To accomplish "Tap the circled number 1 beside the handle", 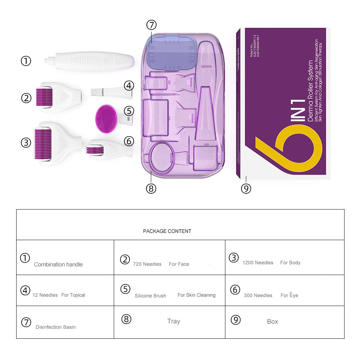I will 26,61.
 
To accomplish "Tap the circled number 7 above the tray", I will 152,25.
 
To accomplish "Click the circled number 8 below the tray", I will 151,188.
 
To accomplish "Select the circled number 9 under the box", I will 246,188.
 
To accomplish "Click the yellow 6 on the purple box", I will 288,148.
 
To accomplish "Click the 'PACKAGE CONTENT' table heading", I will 167,231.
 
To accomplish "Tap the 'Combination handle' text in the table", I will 58,264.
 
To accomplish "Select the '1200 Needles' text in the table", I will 258,263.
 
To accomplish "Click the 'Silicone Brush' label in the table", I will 150,296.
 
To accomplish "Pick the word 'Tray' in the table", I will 174,321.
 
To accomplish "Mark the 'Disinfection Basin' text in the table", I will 55,327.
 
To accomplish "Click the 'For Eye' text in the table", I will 289,295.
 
